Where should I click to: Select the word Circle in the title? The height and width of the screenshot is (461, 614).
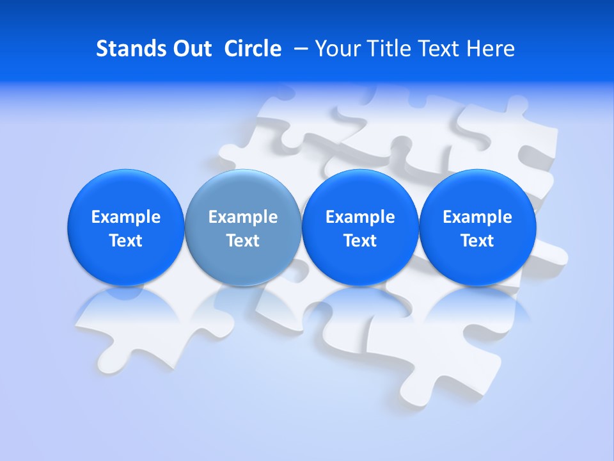[x=253, y=49]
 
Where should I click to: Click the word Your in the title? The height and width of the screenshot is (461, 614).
[x=336, y=49]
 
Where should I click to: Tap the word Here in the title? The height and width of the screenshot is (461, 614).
[x=490, y=49]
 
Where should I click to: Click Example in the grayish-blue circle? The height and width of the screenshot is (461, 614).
[x=243, y=217]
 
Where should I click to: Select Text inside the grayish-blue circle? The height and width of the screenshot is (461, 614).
[x=243, y=241]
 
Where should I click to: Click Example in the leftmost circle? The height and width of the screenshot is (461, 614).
[x=126, y=217]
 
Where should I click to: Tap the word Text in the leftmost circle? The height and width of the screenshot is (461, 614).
[x=126, y=241]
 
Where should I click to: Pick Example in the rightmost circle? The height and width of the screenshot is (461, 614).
[x=477, y=217]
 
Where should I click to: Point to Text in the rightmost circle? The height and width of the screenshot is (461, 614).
[x=477, y=241]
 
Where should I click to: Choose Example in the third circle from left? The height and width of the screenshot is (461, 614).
[x=360, y=217]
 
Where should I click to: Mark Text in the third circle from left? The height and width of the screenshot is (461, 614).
[x=360, y=241]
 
